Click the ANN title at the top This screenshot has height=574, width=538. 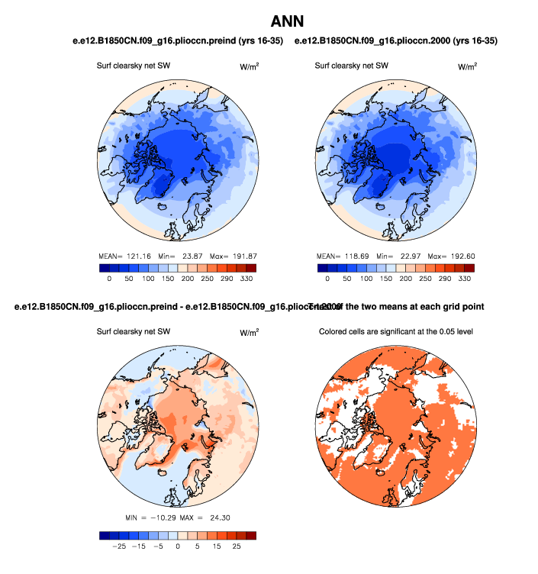287,23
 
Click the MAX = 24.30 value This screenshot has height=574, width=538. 211,518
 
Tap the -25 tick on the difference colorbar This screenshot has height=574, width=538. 119,547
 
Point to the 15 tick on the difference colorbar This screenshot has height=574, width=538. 217,547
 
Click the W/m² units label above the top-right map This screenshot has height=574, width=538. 467,66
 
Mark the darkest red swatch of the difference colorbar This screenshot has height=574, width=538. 251,535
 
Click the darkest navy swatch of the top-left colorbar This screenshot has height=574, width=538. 104,268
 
